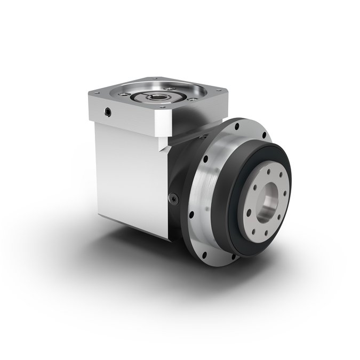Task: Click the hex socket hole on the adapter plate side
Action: pyautogui.click(x=109, y=113)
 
